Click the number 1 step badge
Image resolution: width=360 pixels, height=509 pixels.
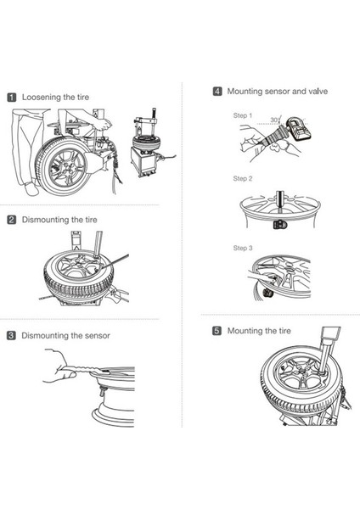pos(11,98)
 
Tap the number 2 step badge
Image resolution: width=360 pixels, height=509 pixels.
pos(11,220)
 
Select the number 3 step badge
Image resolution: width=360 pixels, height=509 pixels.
pos(11,335)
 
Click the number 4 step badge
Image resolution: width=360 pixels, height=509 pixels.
pos(217,92)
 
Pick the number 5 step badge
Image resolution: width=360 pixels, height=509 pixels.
pos(217,331)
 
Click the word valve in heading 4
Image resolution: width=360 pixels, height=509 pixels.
pos(318,92)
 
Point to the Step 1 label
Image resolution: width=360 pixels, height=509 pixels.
pos(242,115)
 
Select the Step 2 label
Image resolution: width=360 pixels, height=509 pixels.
pos(242,178)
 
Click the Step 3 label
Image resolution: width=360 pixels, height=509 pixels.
pos(242,248)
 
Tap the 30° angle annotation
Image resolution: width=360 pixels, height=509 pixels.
pos(275,120)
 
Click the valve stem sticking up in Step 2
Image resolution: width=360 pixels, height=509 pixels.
pos(279,201)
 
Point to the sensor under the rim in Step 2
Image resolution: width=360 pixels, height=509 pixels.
pos(278,225)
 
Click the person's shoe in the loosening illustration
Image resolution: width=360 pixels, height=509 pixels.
pos(31,189)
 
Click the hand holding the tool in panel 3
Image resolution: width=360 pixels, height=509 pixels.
pos(59,366)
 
